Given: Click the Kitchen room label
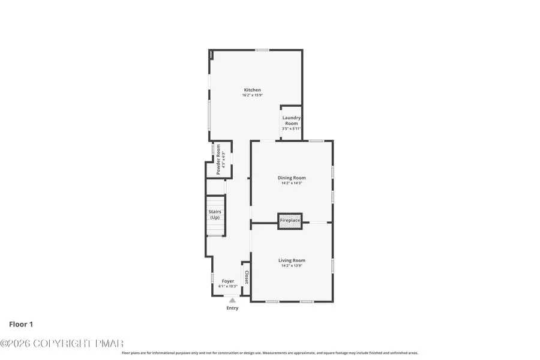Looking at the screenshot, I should (x=252, y=90).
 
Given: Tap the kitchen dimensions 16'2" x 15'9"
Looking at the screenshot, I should (x=252, y=95).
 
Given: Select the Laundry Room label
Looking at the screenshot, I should (x=292, y=121).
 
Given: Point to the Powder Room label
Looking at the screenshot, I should (x=218, y=159).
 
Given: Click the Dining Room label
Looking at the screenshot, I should (x=292, y=178).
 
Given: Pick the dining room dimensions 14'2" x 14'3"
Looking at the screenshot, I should (x=292, y=183).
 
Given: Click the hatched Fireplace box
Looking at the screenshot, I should (x=290, y=221).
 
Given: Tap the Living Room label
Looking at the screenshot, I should (x=292, y=260).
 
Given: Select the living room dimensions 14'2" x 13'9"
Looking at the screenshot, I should (x=292, y=266).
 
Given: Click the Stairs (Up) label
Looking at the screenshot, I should (x=215, y=214).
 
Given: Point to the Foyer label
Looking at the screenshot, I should (x=228, y=281).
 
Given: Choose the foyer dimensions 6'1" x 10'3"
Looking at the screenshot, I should (x=228, y=286).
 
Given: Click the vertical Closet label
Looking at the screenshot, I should (x=246, y=277).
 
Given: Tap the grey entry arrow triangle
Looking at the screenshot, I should (x=232, y=300).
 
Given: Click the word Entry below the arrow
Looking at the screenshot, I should (x=232, y=308).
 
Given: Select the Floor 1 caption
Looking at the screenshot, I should (x=21, y=325).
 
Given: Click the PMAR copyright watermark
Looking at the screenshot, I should (x=62, y=343).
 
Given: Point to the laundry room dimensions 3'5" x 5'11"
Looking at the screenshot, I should (x=292, y=128).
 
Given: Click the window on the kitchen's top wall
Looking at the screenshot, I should (x=262, y=50).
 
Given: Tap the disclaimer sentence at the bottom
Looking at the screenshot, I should (x=270, y=353).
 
